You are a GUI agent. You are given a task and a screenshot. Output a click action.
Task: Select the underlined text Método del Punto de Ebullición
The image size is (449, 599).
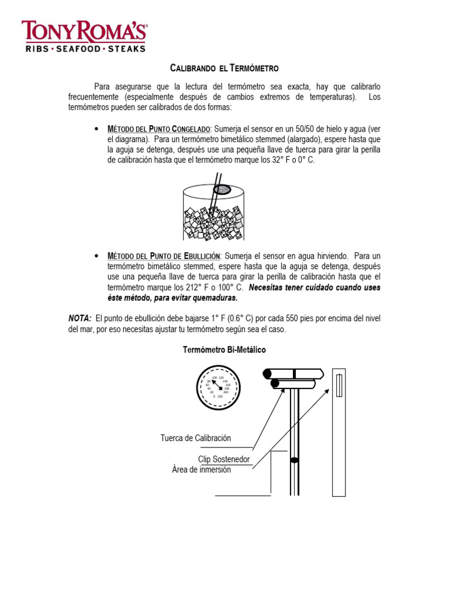164,256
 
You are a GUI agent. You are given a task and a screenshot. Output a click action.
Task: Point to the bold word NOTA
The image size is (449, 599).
80,318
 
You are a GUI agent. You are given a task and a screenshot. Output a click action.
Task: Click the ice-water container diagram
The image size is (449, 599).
214,211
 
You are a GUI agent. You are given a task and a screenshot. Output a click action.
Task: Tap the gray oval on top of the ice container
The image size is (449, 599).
222,189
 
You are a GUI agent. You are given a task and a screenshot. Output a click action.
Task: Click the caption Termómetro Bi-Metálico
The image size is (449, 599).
224,350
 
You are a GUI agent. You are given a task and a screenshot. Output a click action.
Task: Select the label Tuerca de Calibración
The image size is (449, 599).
196,438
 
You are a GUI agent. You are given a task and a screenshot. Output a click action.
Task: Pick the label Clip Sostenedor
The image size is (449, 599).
224,459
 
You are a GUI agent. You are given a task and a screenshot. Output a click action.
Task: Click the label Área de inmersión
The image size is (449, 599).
201,470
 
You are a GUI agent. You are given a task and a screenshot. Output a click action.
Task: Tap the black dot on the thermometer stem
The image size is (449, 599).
295,460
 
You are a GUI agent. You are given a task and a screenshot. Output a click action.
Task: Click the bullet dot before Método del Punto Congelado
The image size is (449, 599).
95,129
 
